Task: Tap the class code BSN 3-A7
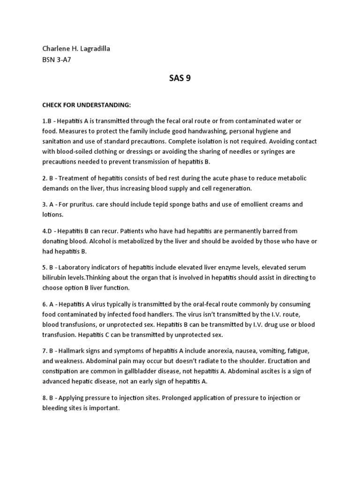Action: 57,60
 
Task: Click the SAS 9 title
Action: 180,78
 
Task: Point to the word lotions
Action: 52,214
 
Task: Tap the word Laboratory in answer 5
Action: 85,267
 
